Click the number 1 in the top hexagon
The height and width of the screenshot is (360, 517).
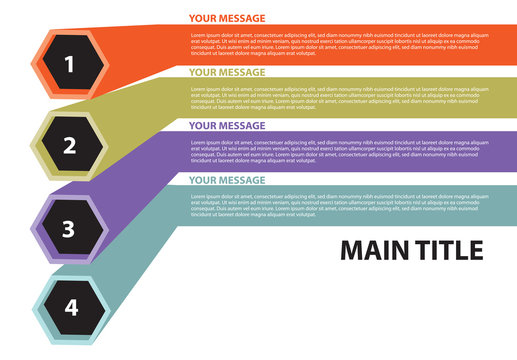click(x=69, y=66)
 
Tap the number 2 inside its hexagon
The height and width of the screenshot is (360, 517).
click(x=69, y=146)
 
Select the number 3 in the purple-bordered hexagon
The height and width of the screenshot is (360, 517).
click(x=68, y=229)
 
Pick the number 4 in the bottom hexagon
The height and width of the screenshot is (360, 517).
click(x=70, y=307)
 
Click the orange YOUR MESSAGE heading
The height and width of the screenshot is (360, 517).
click(x=227, y=18)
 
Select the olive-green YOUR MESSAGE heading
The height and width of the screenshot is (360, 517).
click(x=227, y=72)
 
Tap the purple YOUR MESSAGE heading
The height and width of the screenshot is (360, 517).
click(x=227, y=126)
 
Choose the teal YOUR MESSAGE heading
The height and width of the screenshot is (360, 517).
click(x=227, y=180)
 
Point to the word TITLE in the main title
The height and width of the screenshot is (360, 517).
click(x=447, y=250)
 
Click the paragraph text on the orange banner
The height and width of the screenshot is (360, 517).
click(x=340, y=44)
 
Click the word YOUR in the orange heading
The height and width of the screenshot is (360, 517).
click(x=203, y=18)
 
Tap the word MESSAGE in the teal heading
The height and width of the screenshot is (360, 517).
click(x=242, y=180)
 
